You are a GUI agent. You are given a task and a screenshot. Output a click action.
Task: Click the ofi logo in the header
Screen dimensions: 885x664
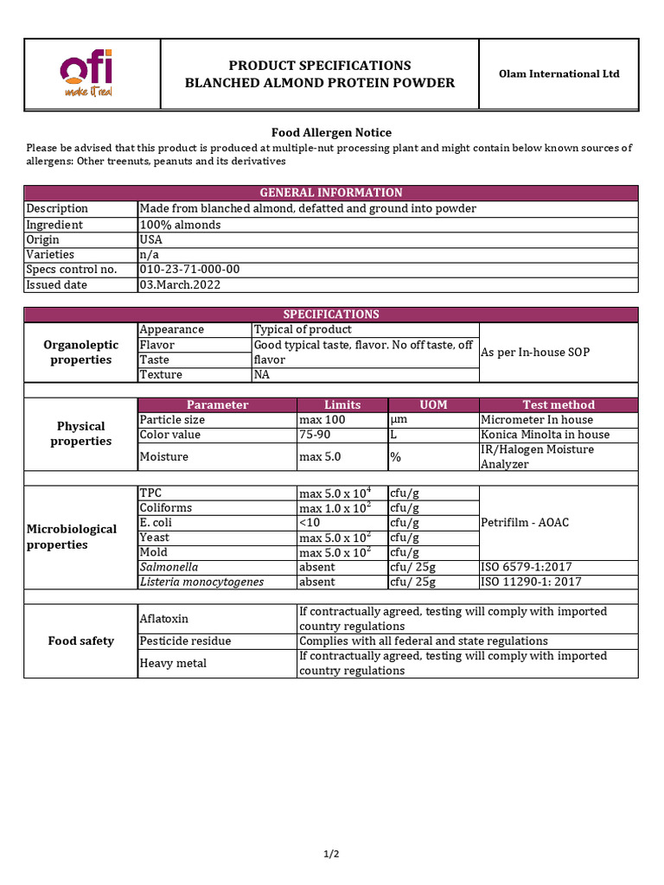tap(86, 73)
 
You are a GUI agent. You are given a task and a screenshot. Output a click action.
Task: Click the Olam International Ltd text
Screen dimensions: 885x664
tap(559, 74)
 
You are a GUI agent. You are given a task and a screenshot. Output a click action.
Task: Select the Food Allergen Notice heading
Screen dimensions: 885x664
tap(331, 132)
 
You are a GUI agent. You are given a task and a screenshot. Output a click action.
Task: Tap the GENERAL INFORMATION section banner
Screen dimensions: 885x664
tap(331, 193)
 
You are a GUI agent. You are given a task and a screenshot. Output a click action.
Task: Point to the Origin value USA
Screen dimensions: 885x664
tap(150, 239)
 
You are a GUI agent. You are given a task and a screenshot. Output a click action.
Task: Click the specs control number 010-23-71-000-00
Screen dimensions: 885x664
tap(189, 270)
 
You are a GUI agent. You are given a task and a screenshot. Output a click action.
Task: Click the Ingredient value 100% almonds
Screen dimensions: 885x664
tap(180, 225)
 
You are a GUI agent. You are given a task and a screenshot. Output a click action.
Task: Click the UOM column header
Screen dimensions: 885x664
tap(433, 404)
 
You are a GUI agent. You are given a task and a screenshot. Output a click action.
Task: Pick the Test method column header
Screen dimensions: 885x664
tap(559, 404)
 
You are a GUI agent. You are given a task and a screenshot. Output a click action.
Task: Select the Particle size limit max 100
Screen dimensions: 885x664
tap(322, 420)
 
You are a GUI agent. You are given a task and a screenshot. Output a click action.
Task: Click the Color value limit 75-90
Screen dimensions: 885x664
tap(314, 435)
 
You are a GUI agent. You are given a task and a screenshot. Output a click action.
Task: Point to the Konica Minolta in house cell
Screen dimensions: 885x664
tap(545, 435)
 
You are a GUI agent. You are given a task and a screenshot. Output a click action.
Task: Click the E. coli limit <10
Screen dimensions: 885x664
tap(310, 523)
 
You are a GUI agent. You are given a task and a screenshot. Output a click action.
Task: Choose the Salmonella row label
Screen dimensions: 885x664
tap(169, 567)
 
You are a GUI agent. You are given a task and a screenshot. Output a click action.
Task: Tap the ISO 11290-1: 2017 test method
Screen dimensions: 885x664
tap(531, 582)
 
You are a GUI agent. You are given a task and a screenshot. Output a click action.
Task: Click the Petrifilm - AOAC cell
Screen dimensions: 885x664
tap(525, 523)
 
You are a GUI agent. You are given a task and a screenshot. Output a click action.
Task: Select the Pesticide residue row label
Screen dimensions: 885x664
tap(185, 641)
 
